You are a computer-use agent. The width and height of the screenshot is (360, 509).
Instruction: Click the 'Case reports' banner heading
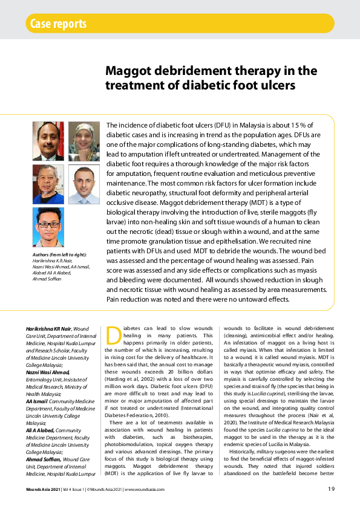click(x=57, y=24)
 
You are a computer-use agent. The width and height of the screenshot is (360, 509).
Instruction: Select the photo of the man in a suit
click(x=48, y=141)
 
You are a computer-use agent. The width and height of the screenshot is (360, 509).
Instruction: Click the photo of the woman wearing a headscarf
click(x=83, y=141)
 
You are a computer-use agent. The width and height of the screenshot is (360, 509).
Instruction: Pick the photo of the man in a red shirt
click(x=48, y=184)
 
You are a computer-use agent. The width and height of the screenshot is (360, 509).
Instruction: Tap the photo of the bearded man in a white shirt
click(x=83, y=184)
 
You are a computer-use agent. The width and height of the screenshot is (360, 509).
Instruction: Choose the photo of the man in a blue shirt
click(x=48, y=227)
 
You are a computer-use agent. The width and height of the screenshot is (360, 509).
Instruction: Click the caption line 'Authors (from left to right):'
click(x=60, y=254)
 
